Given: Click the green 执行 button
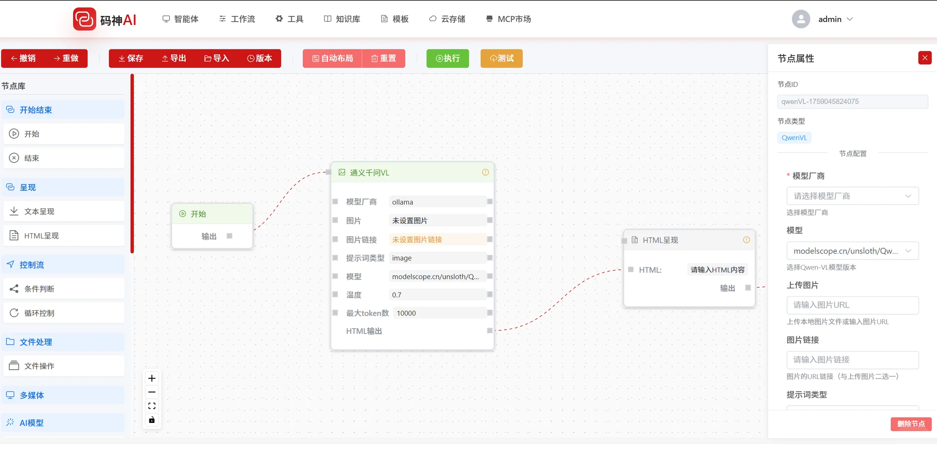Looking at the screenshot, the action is (447, 59).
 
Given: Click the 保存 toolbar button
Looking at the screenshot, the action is (131, 59).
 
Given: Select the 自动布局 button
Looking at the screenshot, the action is (332, 59).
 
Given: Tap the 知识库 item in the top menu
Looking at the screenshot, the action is (342, 19).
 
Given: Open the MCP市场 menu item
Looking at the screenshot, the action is (508, 19).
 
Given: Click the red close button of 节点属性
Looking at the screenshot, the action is (925, 58).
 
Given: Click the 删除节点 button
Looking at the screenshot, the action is (910, 424).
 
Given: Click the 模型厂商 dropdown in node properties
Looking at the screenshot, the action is (852, 196).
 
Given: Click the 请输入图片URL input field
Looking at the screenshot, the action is (852, 305).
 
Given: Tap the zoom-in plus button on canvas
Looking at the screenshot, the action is (152, 378).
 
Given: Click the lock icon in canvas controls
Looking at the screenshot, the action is (152, 420).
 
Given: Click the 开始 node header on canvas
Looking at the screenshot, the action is (212, 214).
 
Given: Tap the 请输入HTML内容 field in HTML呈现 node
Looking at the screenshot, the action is (717, 270).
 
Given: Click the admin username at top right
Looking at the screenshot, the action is (830, 19).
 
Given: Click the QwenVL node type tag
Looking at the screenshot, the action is (794, 138).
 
